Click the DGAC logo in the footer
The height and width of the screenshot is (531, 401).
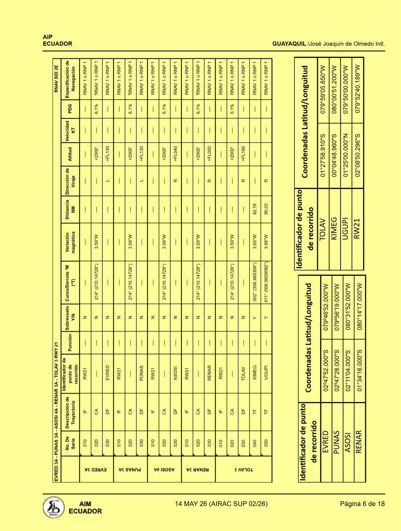click(54, 507)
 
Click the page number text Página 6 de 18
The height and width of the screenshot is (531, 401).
click(362, 504)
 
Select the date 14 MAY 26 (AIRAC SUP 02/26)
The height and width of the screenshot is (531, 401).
click(221, 504)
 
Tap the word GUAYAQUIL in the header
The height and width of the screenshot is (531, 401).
click(289, 44)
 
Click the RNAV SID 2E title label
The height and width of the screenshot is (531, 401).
click(56, 79)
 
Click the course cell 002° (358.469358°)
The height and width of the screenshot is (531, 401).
click(255, 283)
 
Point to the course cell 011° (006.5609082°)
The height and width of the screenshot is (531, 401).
click(266, 283)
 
